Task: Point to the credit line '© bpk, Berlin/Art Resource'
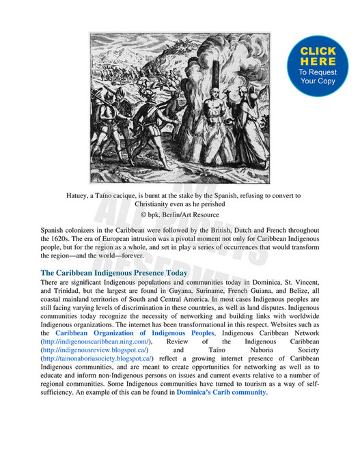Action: tap(180, 214)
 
